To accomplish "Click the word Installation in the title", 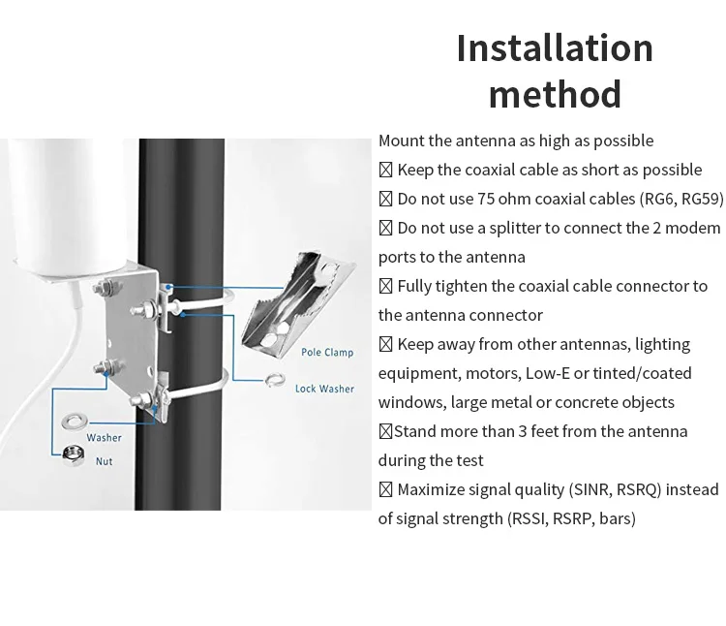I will (555, 48).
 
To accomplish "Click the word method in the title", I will (555, 95).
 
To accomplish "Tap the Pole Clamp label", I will (327, 353).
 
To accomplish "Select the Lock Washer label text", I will (324, 389).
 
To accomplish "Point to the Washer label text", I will (105, 438).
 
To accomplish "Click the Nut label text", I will (104, 461).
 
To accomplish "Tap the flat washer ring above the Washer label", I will (73, 421).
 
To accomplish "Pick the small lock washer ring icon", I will (274, 381).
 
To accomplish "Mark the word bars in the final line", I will (615, 518).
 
